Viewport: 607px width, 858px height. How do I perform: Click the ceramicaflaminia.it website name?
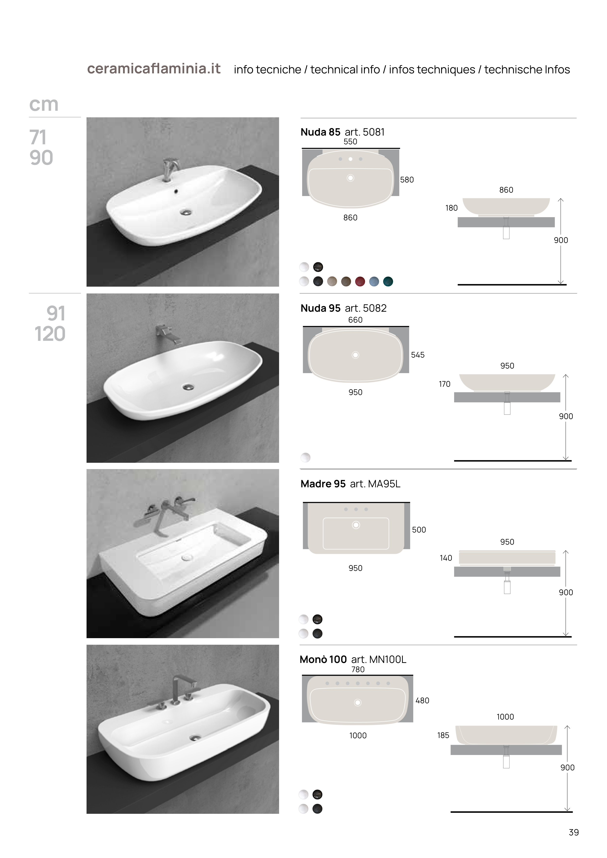[154, 69]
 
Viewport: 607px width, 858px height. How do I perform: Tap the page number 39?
[573, 832]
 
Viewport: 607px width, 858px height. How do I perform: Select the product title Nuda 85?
[320, 132]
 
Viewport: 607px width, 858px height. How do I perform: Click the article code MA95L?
[384, 484]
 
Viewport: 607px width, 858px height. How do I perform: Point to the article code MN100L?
[387, 660]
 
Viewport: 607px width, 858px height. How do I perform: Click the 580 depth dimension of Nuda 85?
[407, 180]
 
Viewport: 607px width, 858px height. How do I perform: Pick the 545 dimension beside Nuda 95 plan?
[418, 355]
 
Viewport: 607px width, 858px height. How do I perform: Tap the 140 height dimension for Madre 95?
[446, 558]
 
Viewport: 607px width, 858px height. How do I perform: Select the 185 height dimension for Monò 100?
[443, 735]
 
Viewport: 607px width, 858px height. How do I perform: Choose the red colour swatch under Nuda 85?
[360, 281]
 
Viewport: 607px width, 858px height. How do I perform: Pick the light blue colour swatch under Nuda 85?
[374, 281]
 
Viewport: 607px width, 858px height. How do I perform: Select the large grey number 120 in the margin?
[50, 334]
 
